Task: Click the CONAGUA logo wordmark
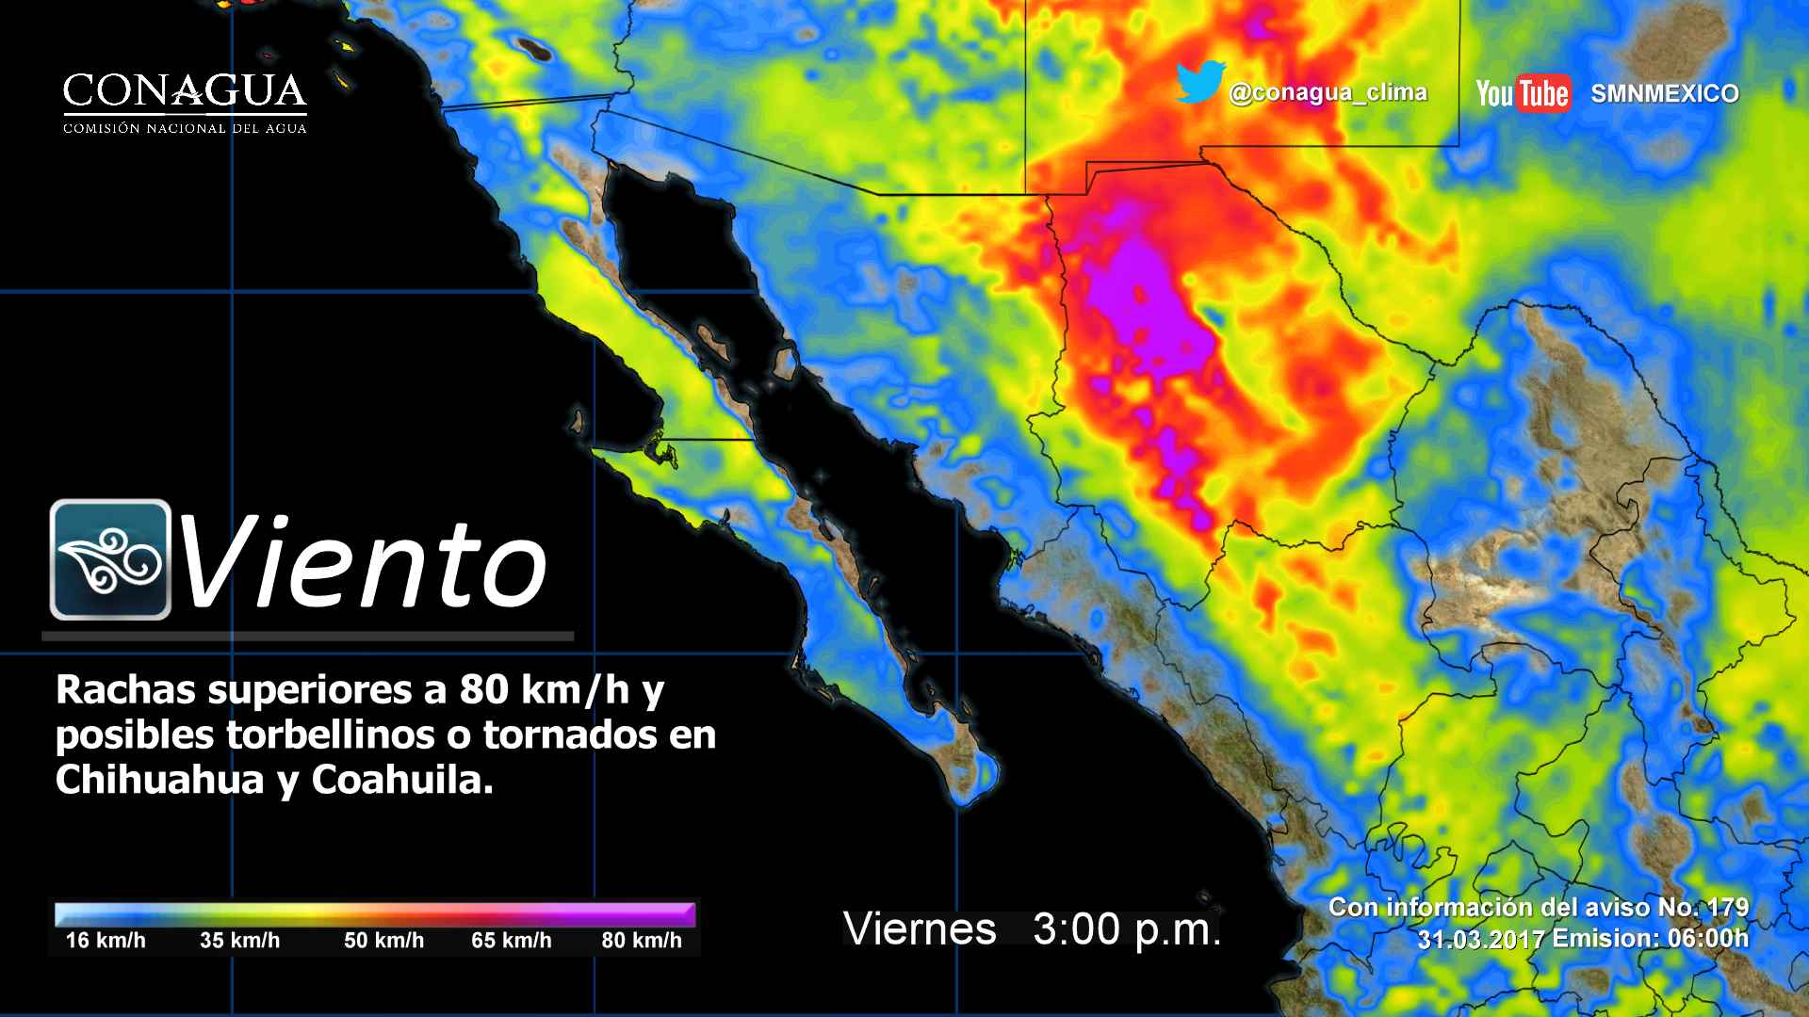click(185, 91)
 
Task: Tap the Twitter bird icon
click(1199, 83)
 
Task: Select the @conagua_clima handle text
click(1328, 92)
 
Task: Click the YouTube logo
click(1523, 93)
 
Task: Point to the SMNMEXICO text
click(1665, 93)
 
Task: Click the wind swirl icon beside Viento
click(110, 559)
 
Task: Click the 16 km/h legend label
click(106, 940)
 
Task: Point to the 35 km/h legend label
click(239, 940)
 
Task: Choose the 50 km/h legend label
click(383, 940)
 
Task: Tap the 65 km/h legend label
click(512, 940)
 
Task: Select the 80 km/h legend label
click(642, 940)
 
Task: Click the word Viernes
click(920, 929)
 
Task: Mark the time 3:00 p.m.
click(1127, 929)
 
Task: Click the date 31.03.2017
click(1480, 939)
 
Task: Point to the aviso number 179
click(1728, 908)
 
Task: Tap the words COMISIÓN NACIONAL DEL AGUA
click(185, 128)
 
